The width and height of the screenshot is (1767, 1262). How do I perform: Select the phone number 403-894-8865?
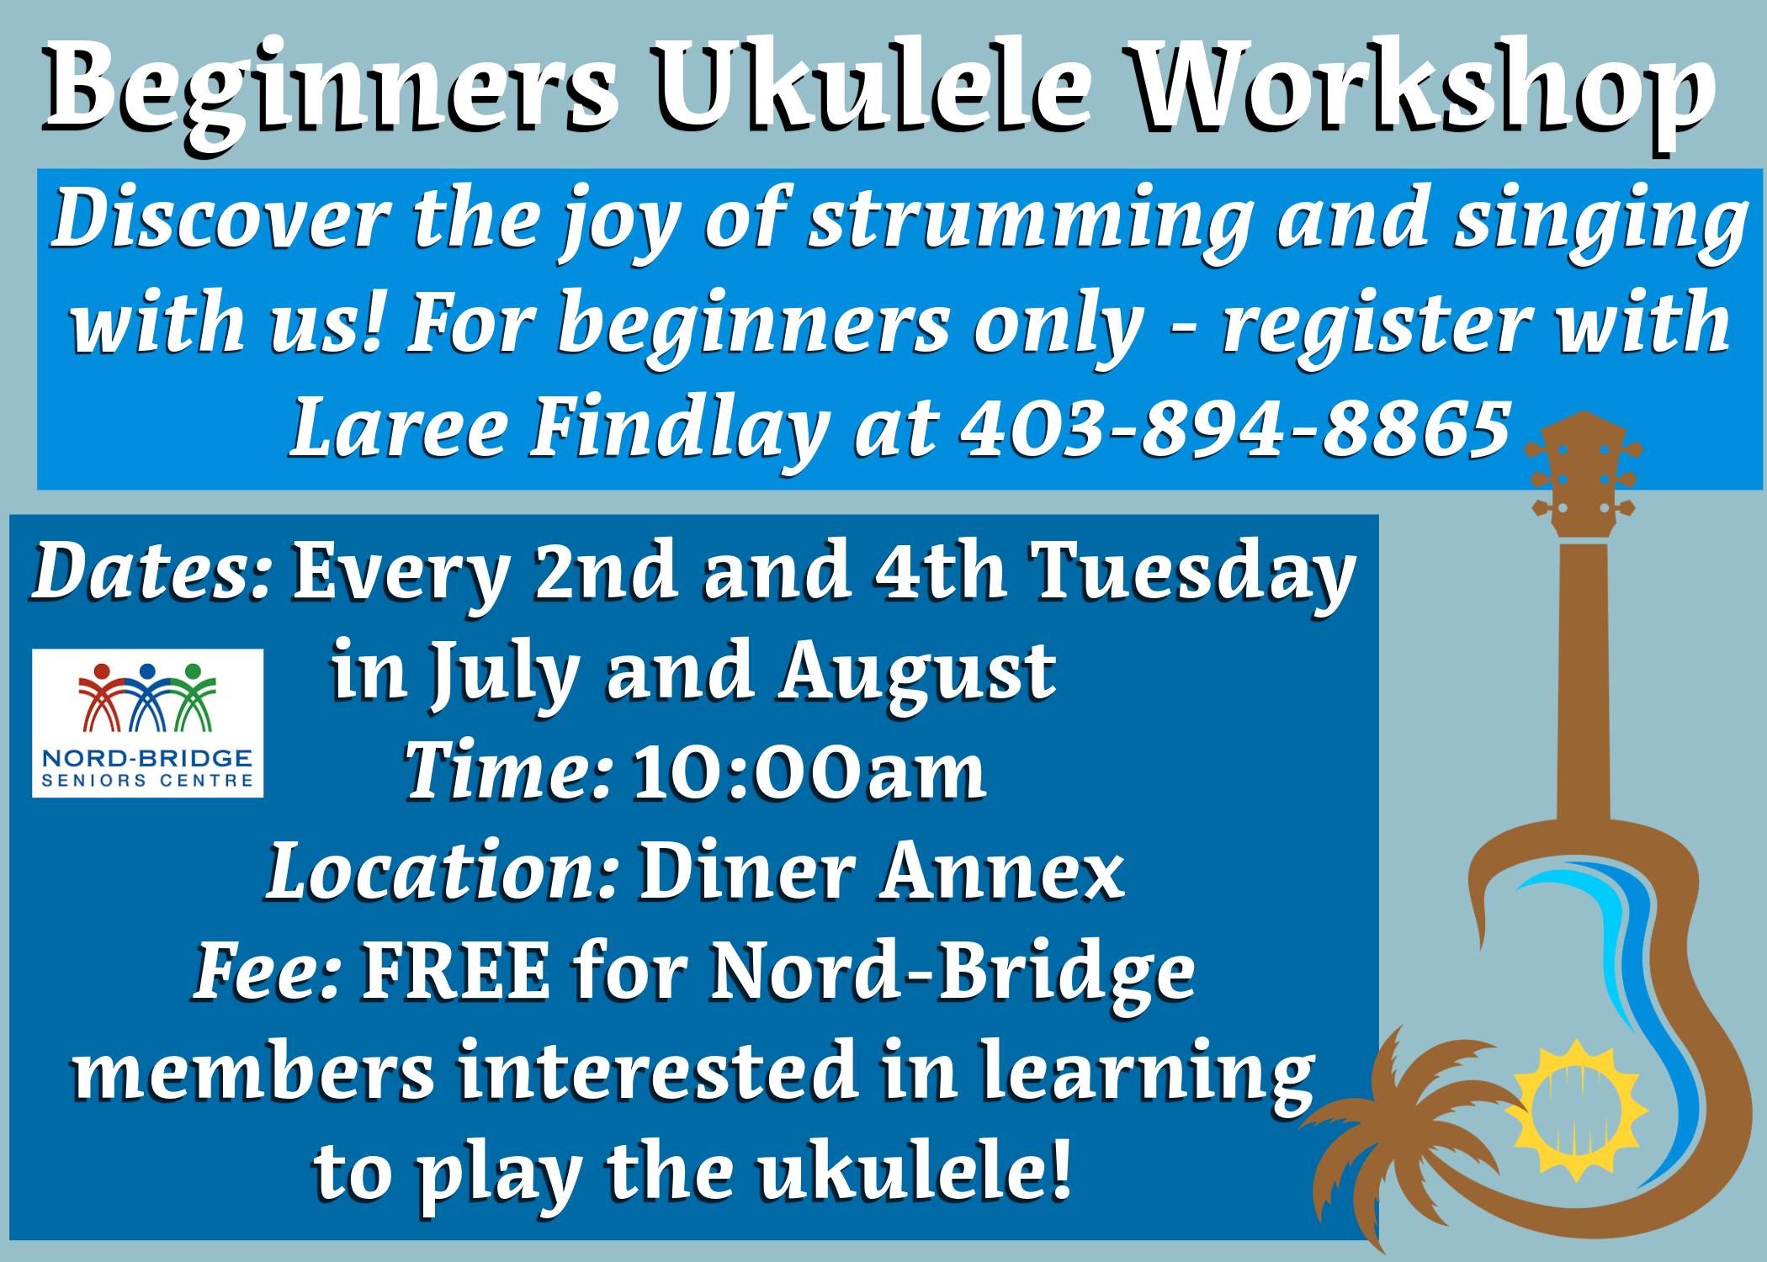coord(1236,428)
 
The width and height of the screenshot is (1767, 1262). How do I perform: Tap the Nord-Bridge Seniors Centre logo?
coord(147,723)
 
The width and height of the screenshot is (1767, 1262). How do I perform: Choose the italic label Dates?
coord(151,571)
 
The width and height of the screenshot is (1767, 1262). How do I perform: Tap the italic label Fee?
coord(268,971)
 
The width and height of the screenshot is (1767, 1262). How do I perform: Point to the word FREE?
coord(455,971)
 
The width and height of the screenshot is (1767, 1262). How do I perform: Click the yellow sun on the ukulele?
coord(1576,1109)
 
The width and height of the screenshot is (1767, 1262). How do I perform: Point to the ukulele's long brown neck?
coord(1584,681)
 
